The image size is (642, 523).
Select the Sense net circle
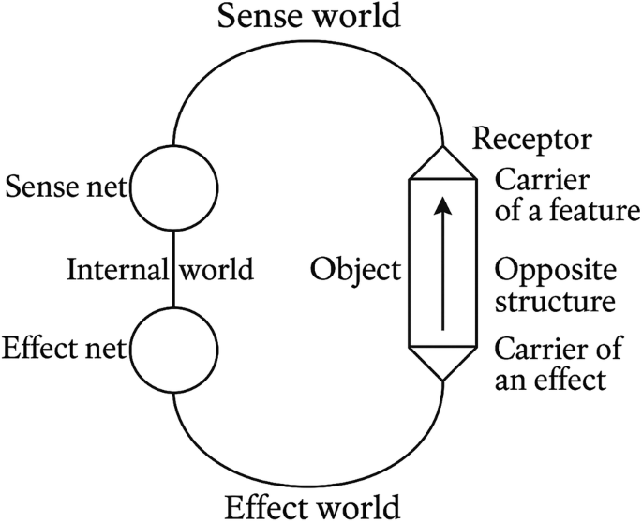174,187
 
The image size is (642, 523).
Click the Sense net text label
67,187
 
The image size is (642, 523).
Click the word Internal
116,271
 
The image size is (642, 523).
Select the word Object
355,271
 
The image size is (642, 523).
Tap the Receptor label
531,140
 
